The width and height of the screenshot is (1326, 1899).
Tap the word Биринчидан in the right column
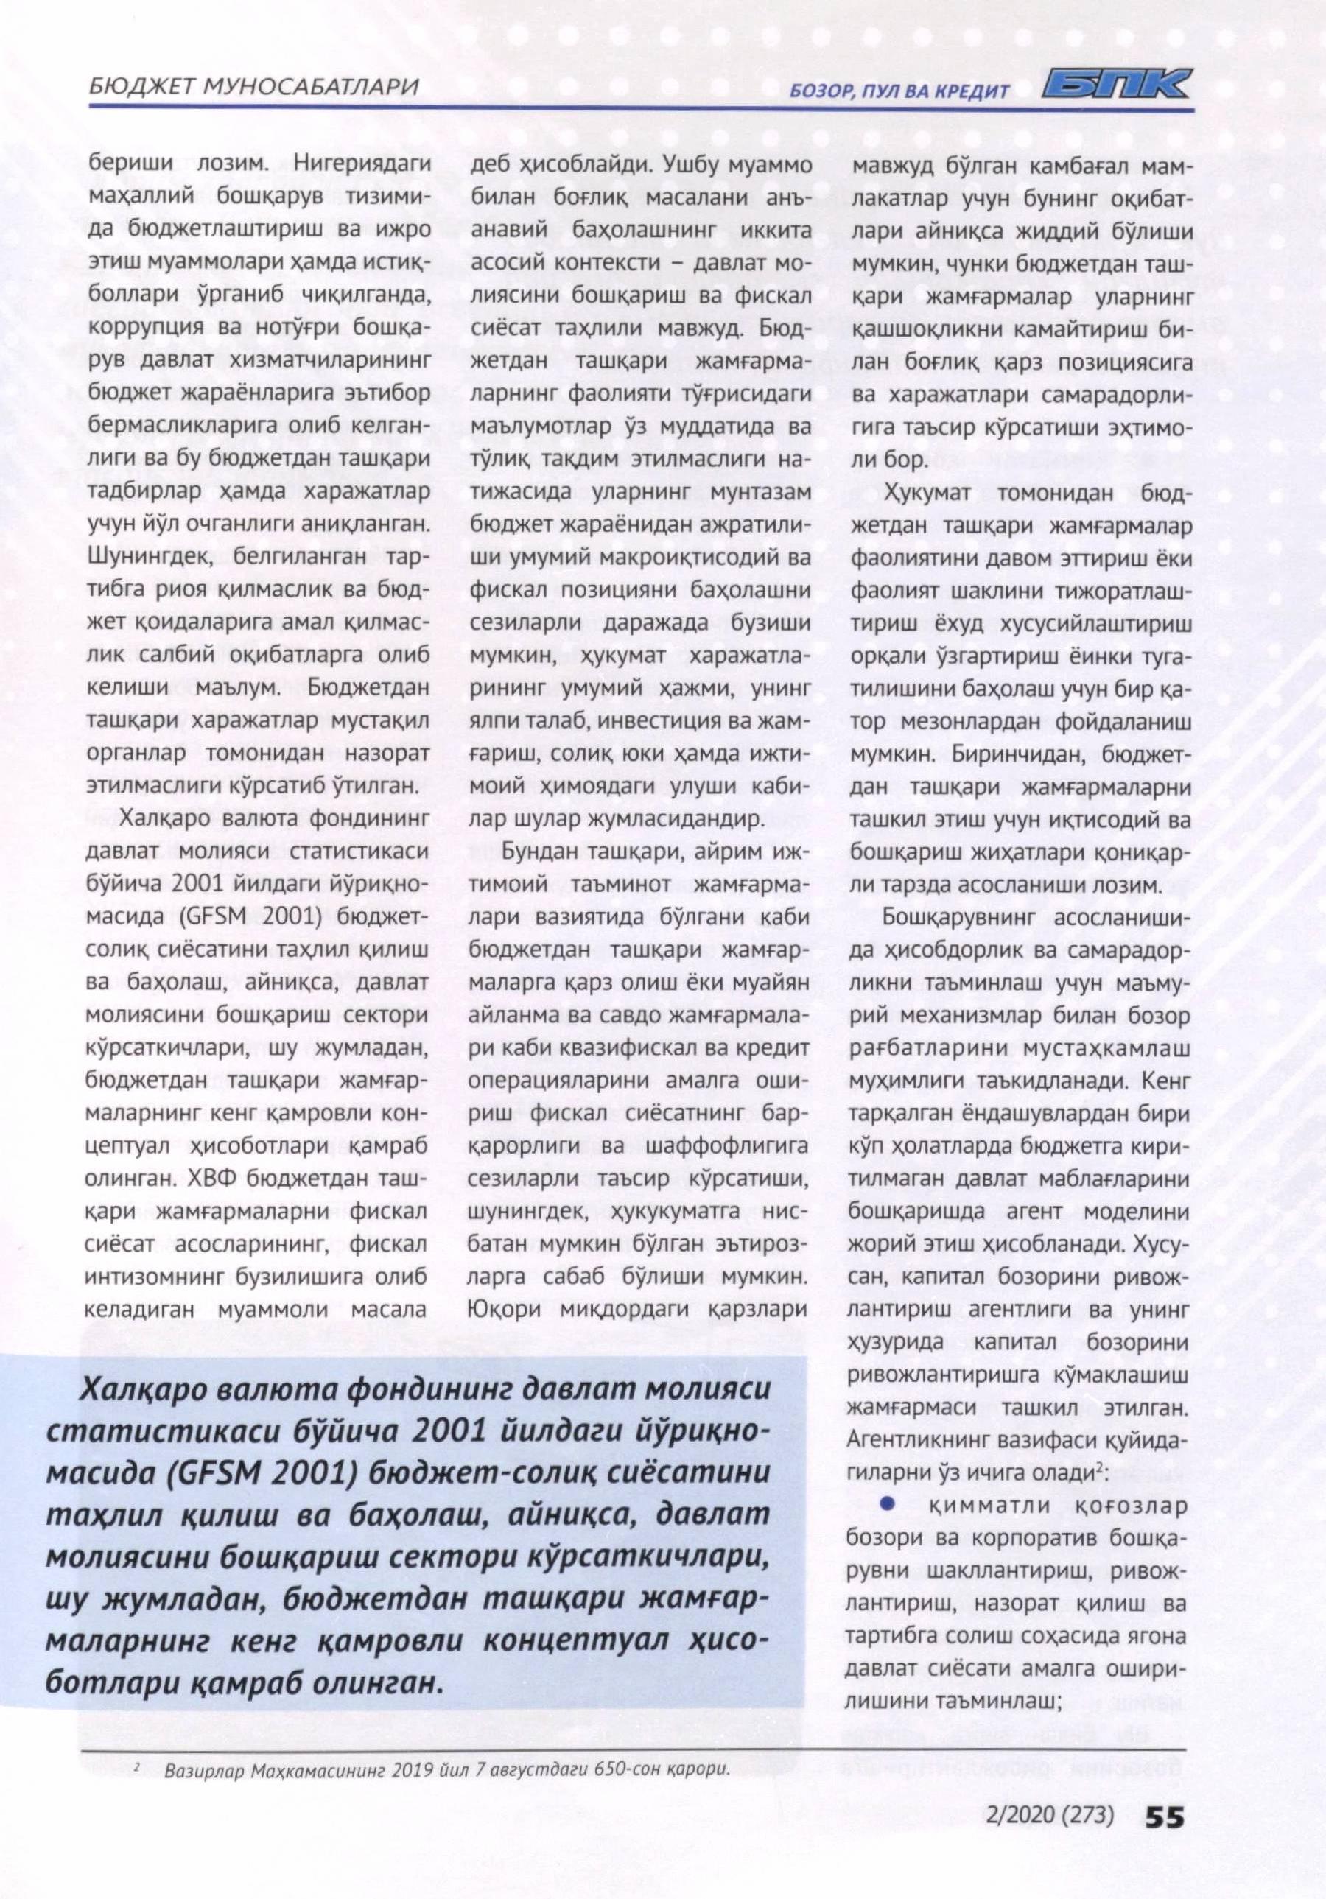click(1018, 755)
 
